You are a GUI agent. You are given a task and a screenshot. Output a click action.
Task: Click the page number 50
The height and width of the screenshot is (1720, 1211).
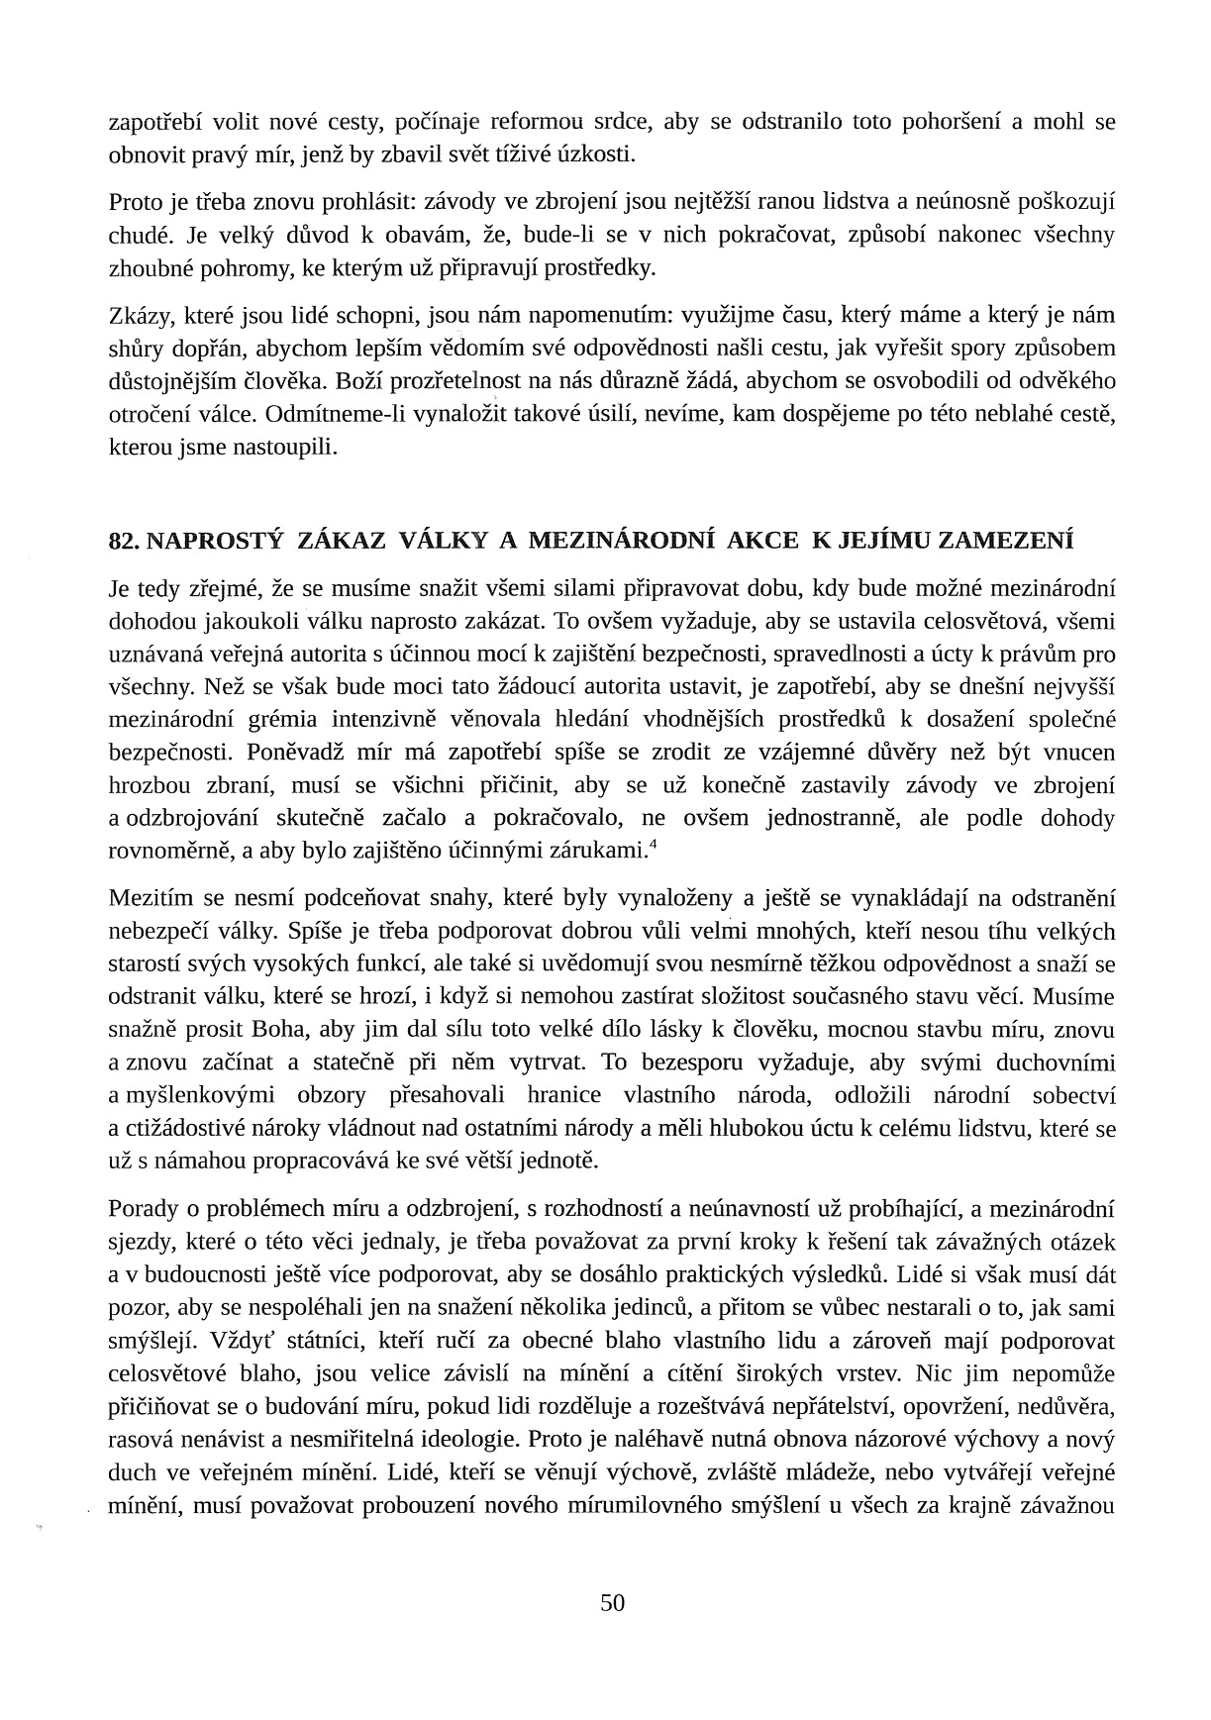click(612, 1603)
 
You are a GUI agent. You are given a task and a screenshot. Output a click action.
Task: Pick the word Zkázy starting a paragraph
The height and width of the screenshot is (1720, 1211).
click(138, 316)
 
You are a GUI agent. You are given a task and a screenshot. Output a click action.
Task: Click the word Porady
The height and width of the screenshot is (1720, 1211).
click(143, 1208)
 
